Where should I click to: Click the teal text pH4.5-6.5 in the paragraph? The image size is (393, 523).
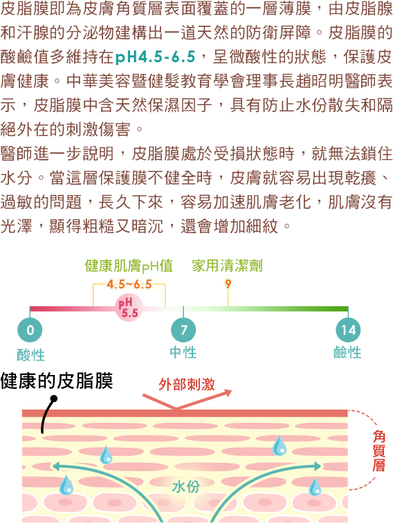point(155,57)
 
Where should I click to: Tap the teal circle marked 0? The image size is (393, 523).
point(30,330)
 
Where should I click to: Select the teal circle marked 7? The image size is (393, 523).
point(183,330)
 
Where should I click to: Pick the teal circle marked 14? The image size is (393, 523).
point(348,330)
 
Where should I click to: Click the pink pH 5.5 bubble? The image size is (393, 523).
point(129,308)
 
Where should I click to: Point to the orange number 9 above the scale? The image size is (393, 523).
point(228,284)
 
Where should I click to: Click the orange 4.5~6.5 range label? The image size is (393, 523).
point(129,284)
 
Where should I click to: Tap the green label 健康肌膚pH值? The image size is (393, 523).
point(129,266)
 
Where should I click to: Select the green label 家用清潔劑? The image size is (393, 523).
point(227,266)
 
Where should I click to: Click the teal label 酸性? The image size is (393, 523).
point(30,355)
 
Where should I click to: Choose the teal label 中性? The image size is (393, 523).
point(183,352)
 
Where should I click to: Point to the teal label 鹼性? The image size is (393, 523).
point(347,352)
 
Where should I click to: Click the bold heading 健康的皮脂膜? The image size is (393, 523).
point(57,380)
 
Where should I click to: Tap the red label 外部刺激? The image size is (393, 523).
point(187,384)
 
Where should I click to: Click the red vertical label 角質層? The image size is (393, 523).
point(378,450)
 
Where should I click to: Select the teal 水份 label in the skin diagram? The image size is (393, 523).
point(186,486)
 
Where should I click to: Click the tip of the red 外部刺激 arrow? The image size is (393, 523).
point(232,390)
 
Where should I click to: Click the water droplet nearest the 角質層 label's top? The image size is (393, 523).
point(280,446)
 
